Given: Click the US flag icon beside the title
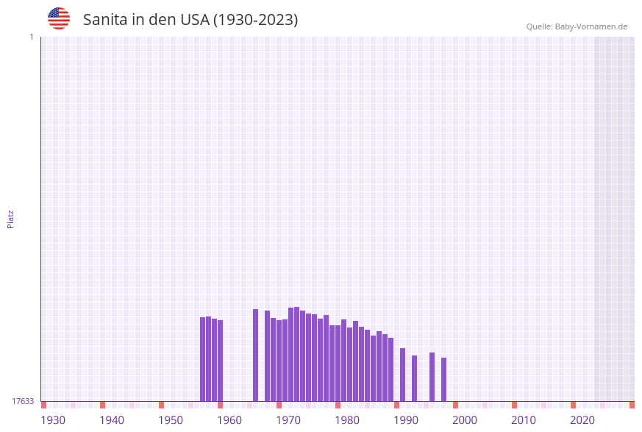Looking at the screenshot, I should coord(59,18).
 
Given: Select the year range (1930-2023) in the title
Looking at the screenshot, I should coord(255,20).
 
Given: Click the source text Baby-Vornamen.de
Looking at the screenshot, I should coord(591,26).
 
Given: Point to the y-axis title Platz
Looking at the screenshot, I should coord(11,219).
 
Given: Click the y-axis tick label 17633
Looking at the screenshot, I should coord(23,401).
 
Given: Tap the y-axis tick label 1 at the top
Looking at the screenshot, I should coord(32,37).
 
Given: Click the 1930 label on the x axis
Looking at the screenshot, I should coord(53,420).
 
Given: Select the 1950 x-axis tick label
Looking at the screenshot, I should coord(171,420).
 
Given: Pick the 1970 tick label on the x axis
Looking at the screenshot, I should coord(288,420).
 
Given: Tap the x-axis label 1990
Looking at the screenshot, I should coord(406,420).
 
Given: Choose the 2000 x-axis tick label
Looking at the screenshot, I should coord(465,420).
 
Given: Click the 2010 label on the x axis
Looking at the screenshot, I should coord(524,420).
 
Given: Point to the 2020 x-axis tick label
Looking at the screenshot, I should coord(582,420).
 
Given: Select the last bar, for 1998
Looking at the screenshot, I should coord(444,379).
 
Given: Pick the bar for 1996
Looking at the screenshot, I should coord(432,376).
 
